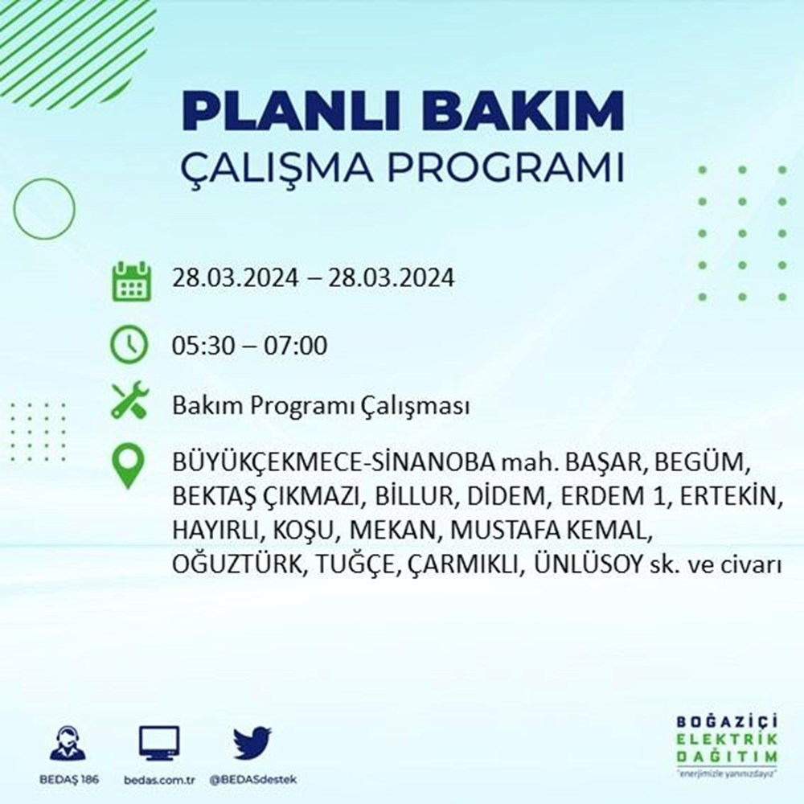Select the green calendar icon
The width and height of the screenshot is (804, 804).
point(130,281)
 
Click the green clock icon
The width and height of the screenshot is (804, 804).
point(130,346)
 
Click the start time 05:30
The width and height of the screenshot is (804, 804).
point(201,347)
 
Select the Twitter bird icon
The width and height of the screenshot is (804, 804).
point(252,744)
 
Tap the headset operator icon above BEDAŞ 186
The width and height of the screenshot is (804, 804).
point(67,744)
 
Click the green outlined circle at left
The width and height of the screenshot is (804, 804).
point(44,208)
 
